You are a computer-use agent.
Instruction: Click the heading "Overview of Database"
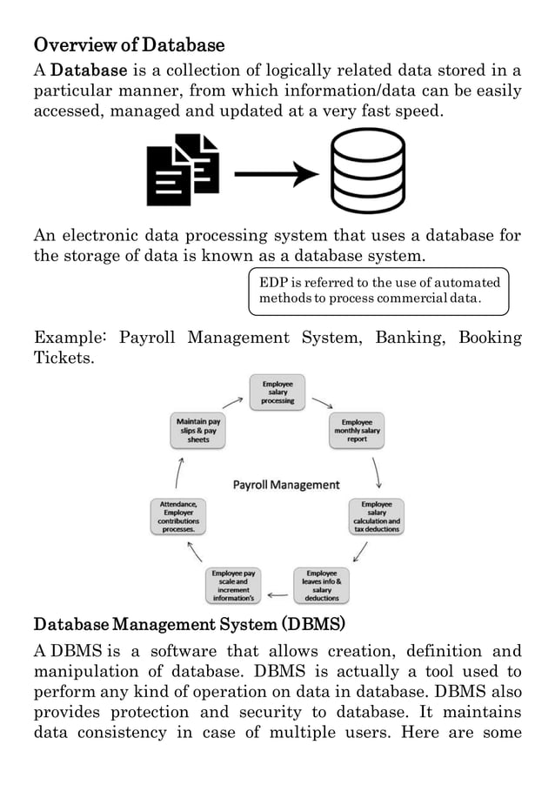(129, 44)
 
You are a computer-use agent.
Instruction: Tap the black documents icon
(182, 170)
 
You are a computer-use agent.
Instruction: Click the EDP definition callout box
(378, 292)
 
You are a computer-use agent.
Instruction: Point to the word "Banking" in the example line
(408, 338)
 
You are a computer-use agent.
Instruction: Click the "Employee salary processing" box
(277, 392)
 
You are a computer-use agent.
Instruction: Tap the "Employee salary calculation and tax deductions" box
(376, 516)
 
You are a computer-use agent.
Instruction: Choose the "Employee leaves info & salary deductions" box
(321, 585)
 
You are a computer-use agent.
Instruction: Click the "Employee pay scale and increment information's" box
(233, 585)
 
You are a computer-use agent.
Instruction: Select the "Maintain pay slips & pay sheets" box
(198, 431)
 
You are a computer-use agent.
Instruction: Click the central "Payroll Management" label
(285, 485)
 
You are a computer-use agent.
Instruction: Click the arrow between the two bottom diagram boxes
(277, 595)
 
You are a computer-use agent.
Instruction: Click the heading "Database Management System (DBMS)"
(189, 625)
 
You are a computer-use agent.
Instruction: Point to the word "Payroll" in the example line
(147, 338)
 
